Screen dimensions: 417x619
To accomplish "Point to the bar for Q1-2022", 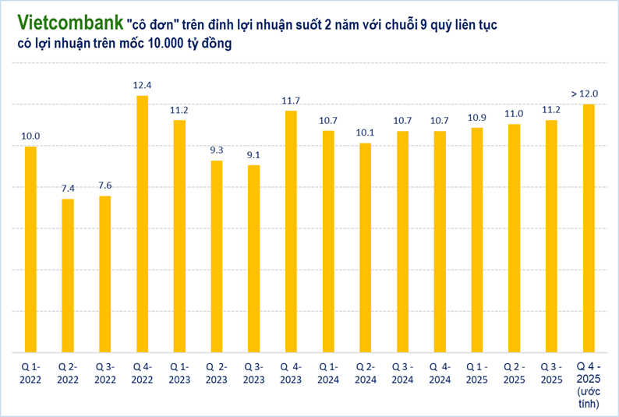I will [30, 249].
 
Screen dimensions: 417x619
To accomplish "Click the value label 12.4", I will [142, 84].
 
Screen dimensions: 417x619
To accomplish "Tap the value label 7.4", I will [68, 188].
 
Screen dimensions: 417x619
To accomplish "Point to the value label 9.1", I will [253, 154].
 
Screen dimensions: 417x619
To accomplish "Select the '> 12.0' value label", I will [585, 94].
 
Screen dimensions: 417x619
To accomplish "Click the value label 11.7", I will [291, 100].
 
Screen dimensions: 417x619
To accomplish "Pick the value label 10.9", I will [477, 117].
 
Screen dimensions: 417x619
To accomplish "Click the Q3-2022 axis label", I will [105, 373].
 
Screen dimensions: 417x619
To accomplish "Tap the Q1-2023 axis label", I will [179, 373].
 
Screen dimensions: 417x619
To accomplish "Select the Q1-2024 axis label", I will [328, 373].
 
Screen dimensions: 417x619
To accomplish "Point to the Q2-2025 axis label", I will [514, 373].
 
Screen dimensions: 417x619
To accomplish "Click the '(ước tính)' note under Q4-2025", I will [588, 397].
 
